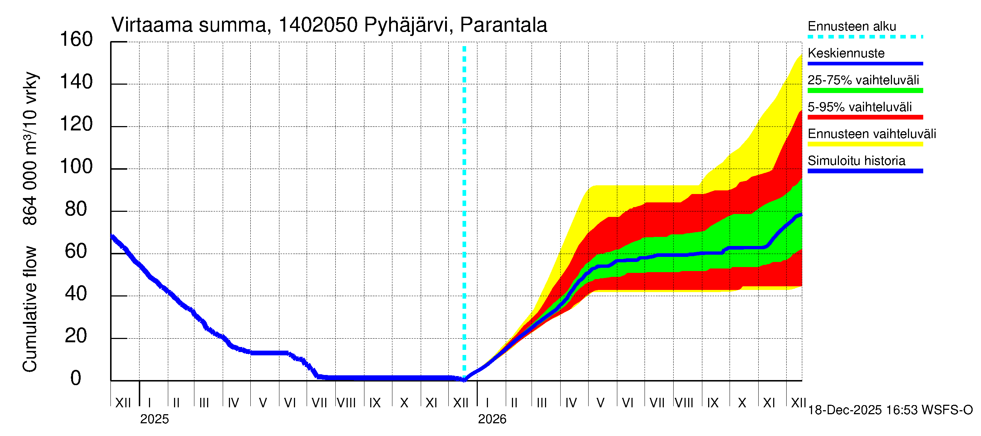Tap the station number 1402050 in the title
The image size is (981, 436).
318,25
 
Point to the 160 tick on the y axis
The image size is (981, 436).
76,40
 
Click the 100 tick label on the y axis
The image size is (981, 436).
76,167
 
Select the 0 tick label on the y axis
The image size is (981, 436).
76,378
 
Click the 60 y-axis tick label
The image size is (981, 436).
76,251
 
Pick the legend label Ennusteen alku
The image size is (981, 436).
852,26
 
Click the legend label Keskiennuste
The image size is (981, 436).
846,53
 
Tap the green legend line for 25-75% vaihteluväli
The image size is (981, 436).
865,90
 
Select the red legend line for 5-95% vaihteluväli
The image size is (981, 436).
865,117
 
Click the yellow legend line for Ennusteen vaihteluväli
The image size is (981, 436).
865,144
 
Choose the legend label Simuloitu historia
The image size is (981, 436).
856,161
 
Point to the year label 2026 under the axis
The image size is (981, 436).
492,419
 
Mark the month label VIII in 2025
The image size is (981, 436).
346,403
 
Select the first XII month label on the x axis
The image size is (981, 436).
123,403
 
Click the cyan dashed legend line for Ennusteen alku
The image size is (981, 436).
865,37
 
